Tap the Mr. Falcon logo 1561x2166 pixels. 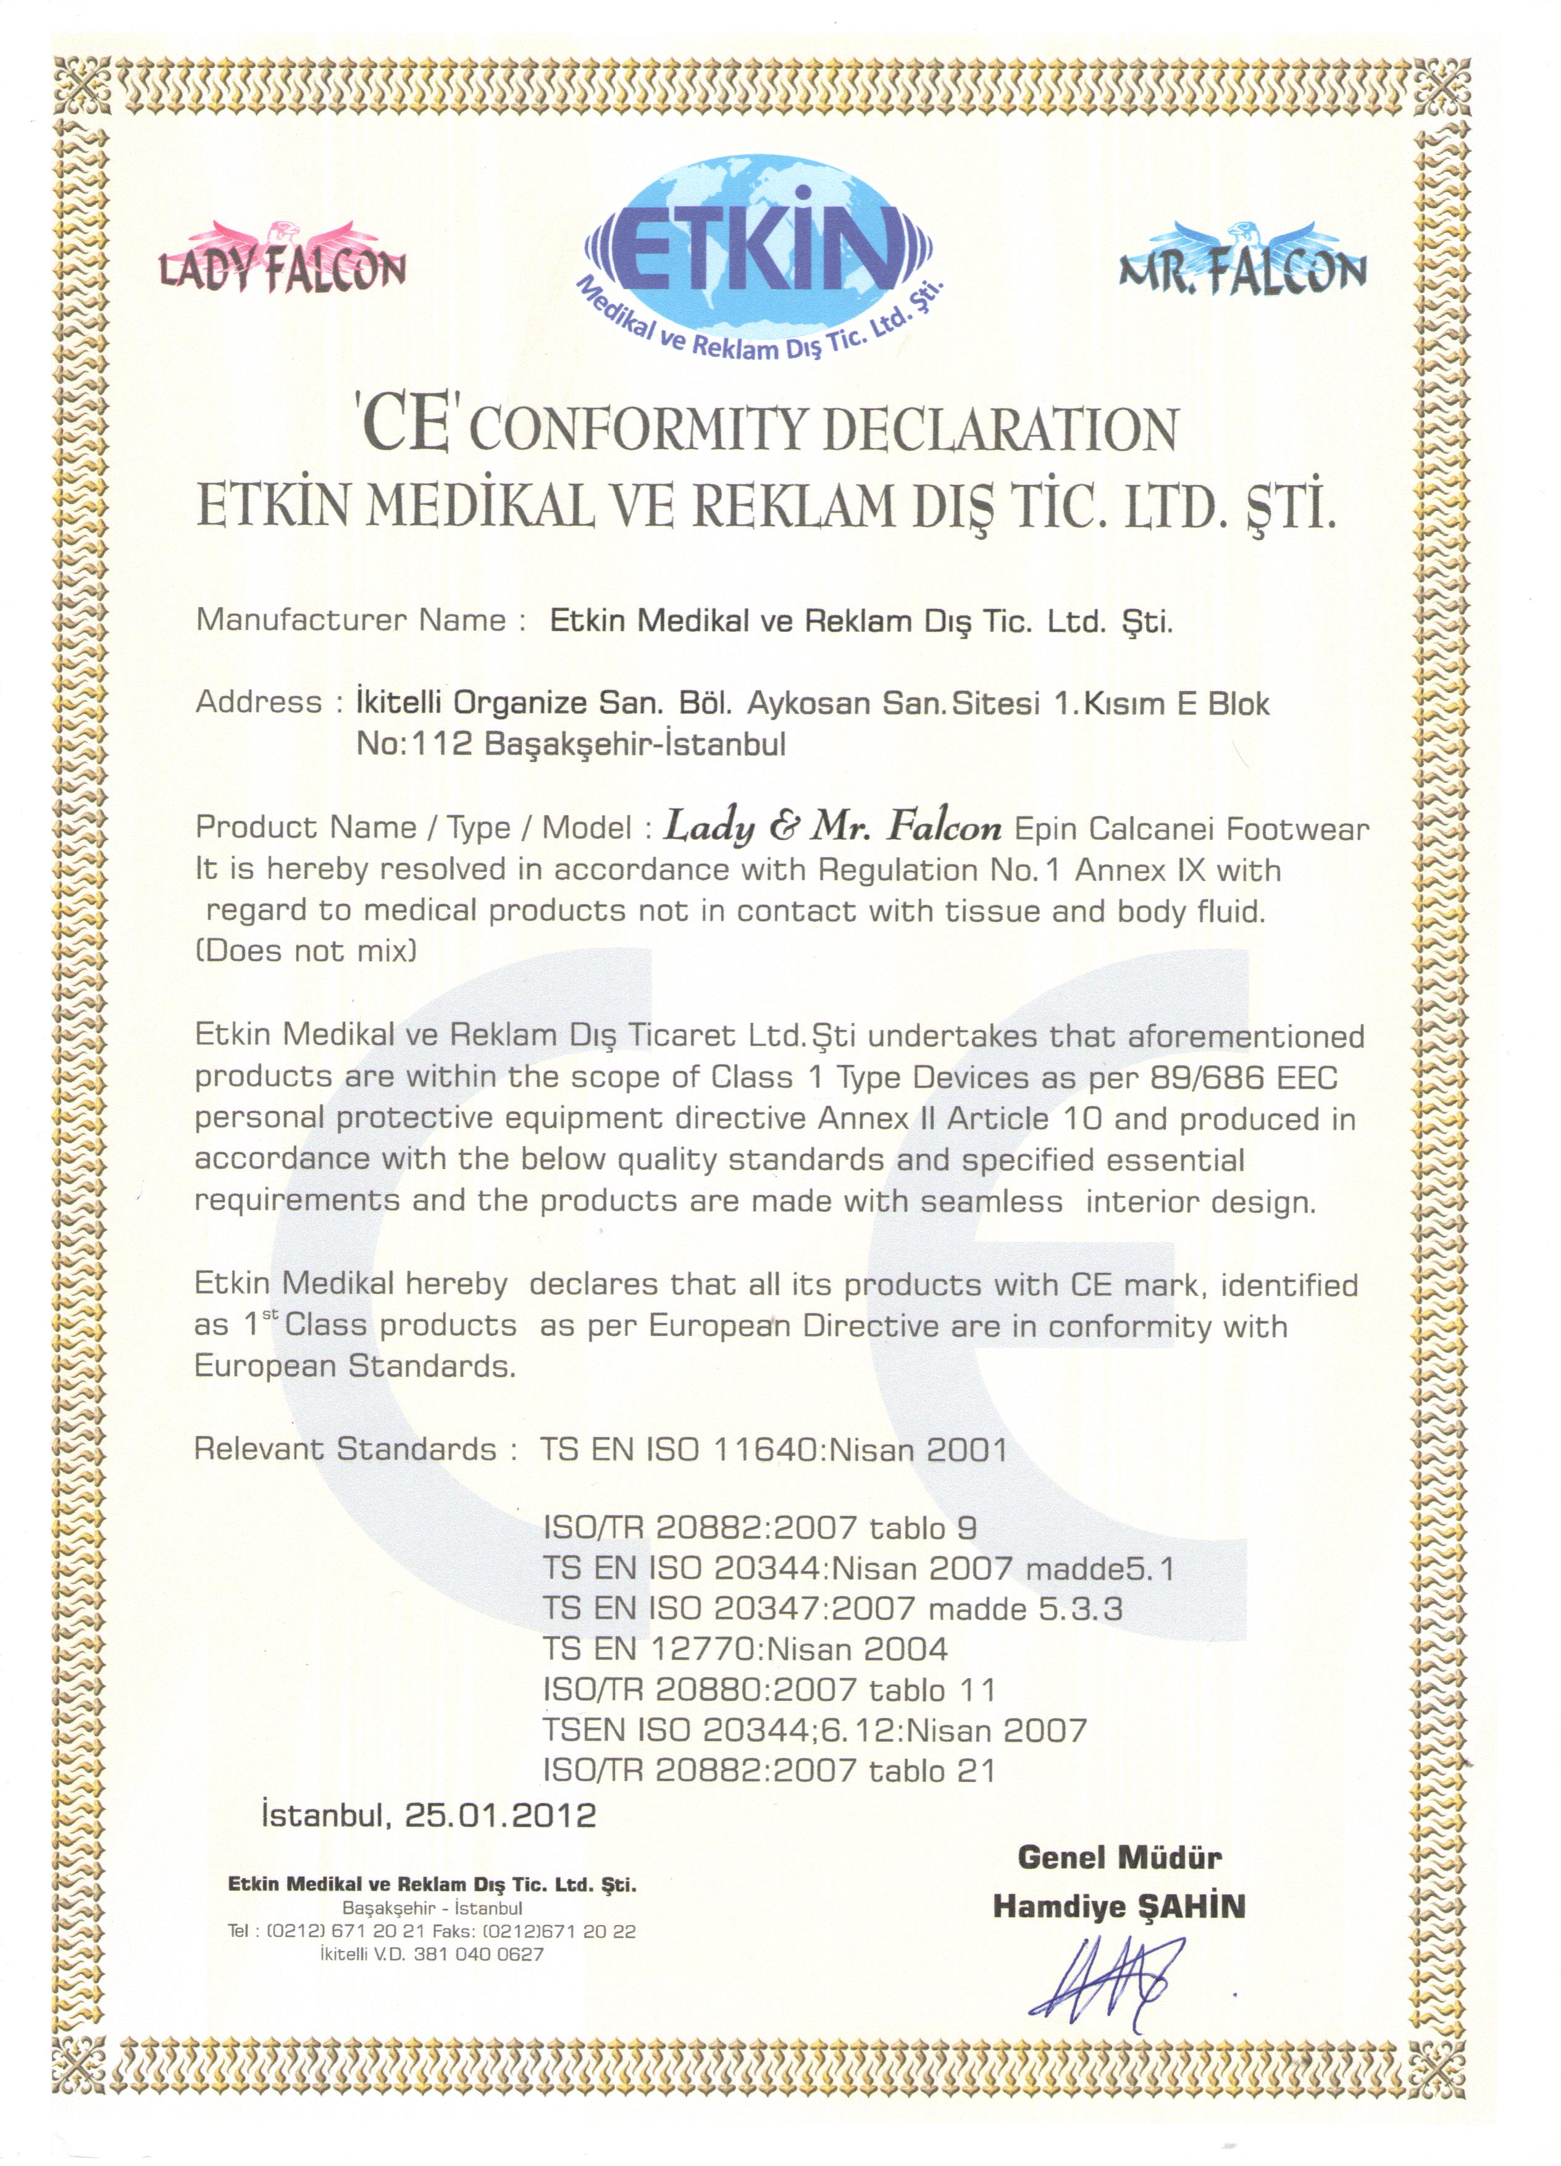click(x=1241, y=261)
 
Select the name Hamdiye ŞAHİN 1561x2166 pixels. click(x=1119, y=1906)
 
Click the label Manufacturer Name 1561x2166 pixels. click(x=351, y=621)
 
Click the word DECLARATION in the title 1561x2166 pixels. click(x=1000, y=430)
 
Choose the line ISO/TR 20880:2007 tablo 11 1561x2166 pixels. click(x=769, y=1689)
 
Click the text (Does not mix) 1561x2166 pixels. click(x=306, y=951)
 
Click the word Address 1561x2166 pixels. click(x=259, y=703)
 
